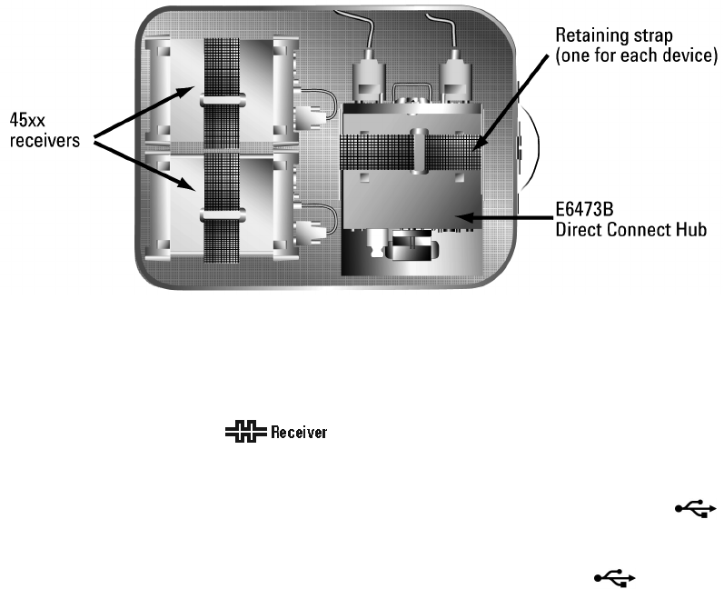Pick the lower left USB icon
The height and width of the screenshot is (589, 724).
[x=615, y=575]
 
